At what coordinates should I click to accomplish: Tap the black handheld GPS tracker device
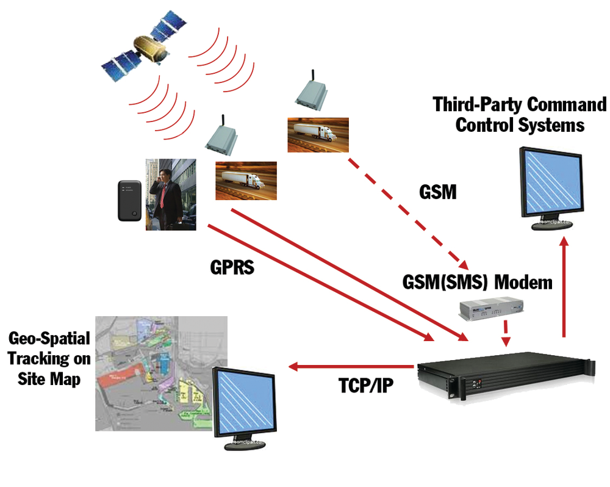(x=130, y=200)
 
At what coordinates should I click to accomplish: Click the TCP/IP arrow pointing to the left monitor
(x=351, y=366)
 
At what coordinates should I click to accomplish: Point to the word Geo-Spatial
(x=49, y=339)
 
